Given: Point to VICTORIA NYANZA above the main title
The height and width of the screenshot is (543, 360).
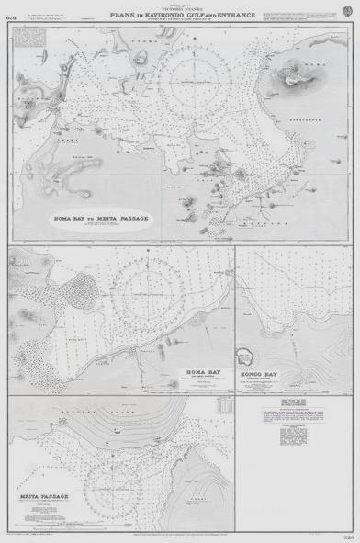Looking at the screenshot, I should point(178,9).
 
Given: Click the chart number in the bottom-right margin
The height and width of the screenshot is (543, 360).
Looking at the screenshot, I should point(350,534).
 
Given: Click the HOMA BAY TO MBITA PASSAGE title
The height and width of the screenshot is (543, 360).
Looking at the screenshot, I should point(102,219).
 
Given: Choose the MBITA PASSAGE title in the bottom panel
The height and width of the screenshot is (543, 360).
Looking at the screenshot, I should point(44,496).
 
